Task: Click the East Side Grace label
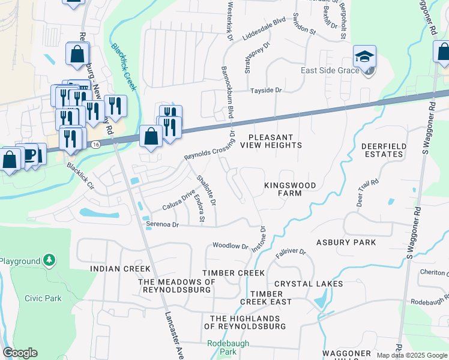(330, 70)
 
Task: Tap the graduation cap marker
(364, 56)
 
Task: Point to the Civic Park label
(43, 298)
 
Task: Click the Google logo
(20, 353)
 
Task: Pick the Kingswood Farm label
(290, 190)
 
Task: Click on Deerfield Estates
(383, 150)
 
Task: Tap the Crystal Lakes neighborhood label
(309, 283)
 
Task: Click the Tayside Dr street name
(266, 90)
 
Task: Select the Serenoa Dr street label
(163, 224)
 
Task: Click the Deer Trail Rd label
(367, 190)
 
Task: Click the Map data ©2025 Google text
(411, 355)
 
